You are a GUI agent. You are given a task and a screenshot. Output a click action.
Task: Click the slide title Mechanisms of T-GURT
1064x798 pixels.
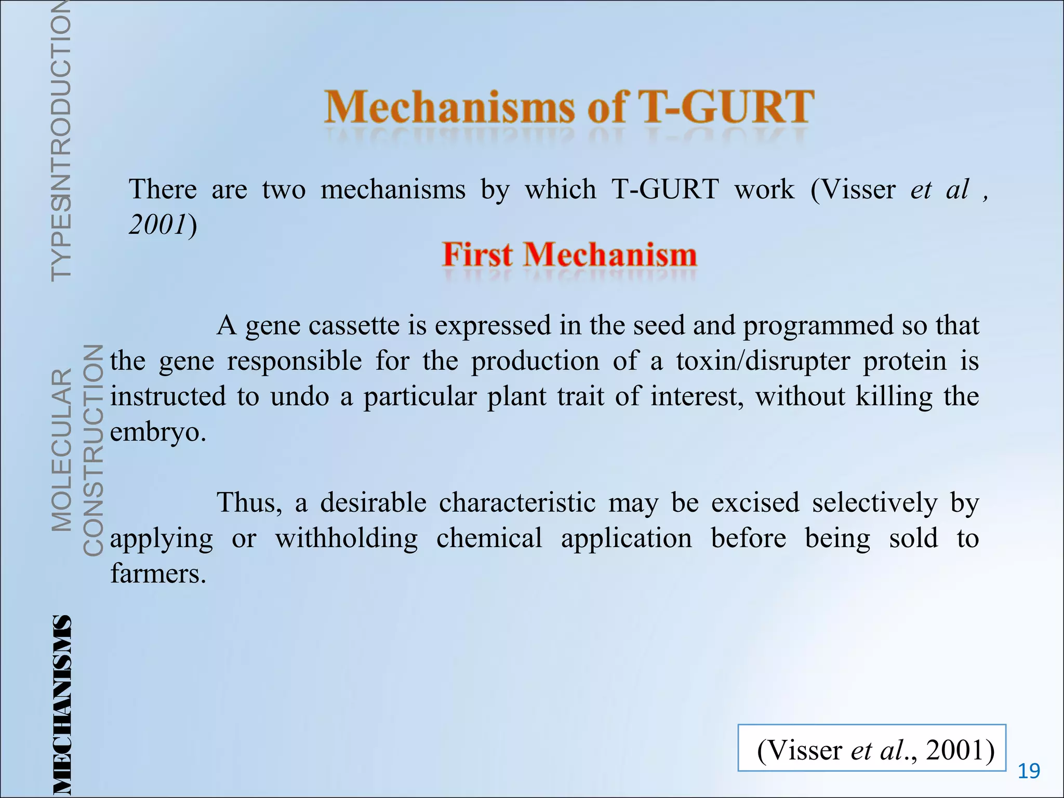[569, 107]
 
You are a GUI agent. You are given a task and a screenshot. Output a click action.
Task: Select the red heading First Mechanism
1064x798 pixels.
[569, 256]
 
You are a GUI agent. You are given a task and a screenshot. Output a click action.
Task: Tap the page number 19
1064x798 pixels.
[1029, 771]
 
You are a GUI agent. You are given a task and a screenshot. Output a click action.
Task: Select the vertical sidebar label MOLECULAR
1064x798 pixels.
[62, 450]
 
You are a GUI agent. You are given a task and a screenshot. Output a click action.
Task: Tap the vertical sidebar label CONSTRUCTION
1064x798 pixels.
[94, 450]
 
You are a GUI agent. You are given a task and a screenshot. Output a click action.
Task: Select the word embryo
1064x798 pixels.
[158, 432]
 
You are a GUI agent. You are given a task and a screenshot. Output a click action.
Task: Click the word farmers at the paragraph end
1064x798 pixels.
[158, 574]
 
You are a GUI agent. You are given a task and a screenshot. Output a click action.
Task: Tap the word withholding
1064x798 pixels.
[347, 538]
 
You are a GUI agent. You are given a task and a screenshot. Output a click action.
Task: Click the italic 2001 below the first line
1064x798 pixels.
[157, 225]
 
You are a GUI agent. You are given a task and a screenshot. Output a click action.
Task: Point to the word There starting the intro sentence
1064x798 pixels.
[163, 189]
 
